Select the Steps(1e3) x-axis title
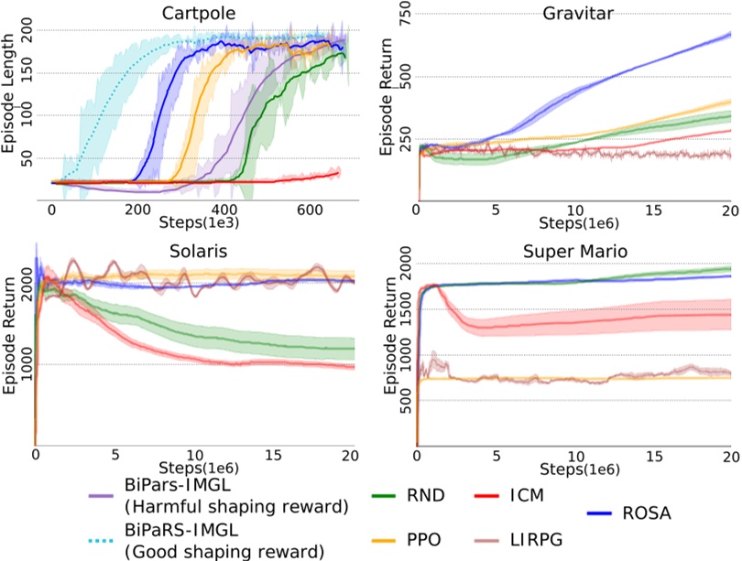pyautogui.click(x=195, y=221)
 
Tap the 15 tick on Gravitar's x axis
pyautogui.click(x=652, y=209)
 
